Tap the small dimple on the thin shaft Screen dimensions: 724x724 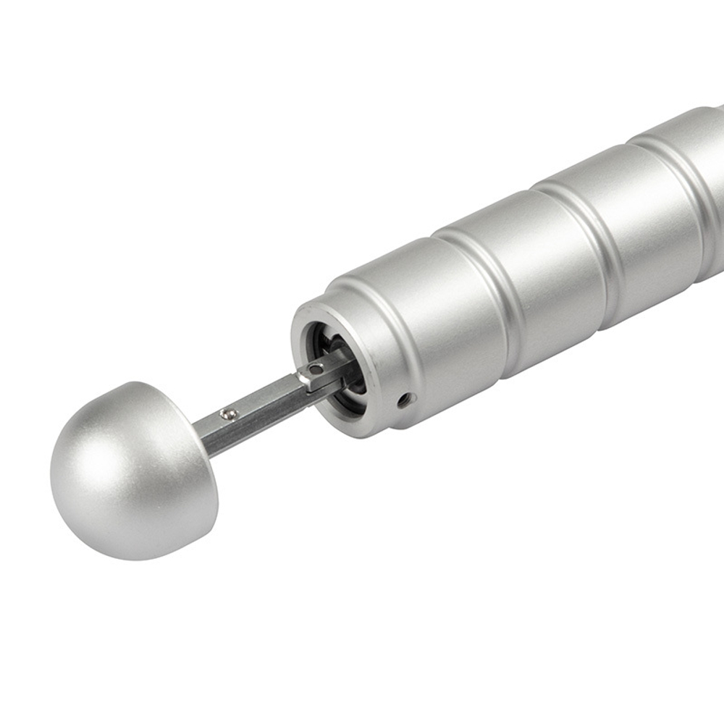[230, 413]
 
